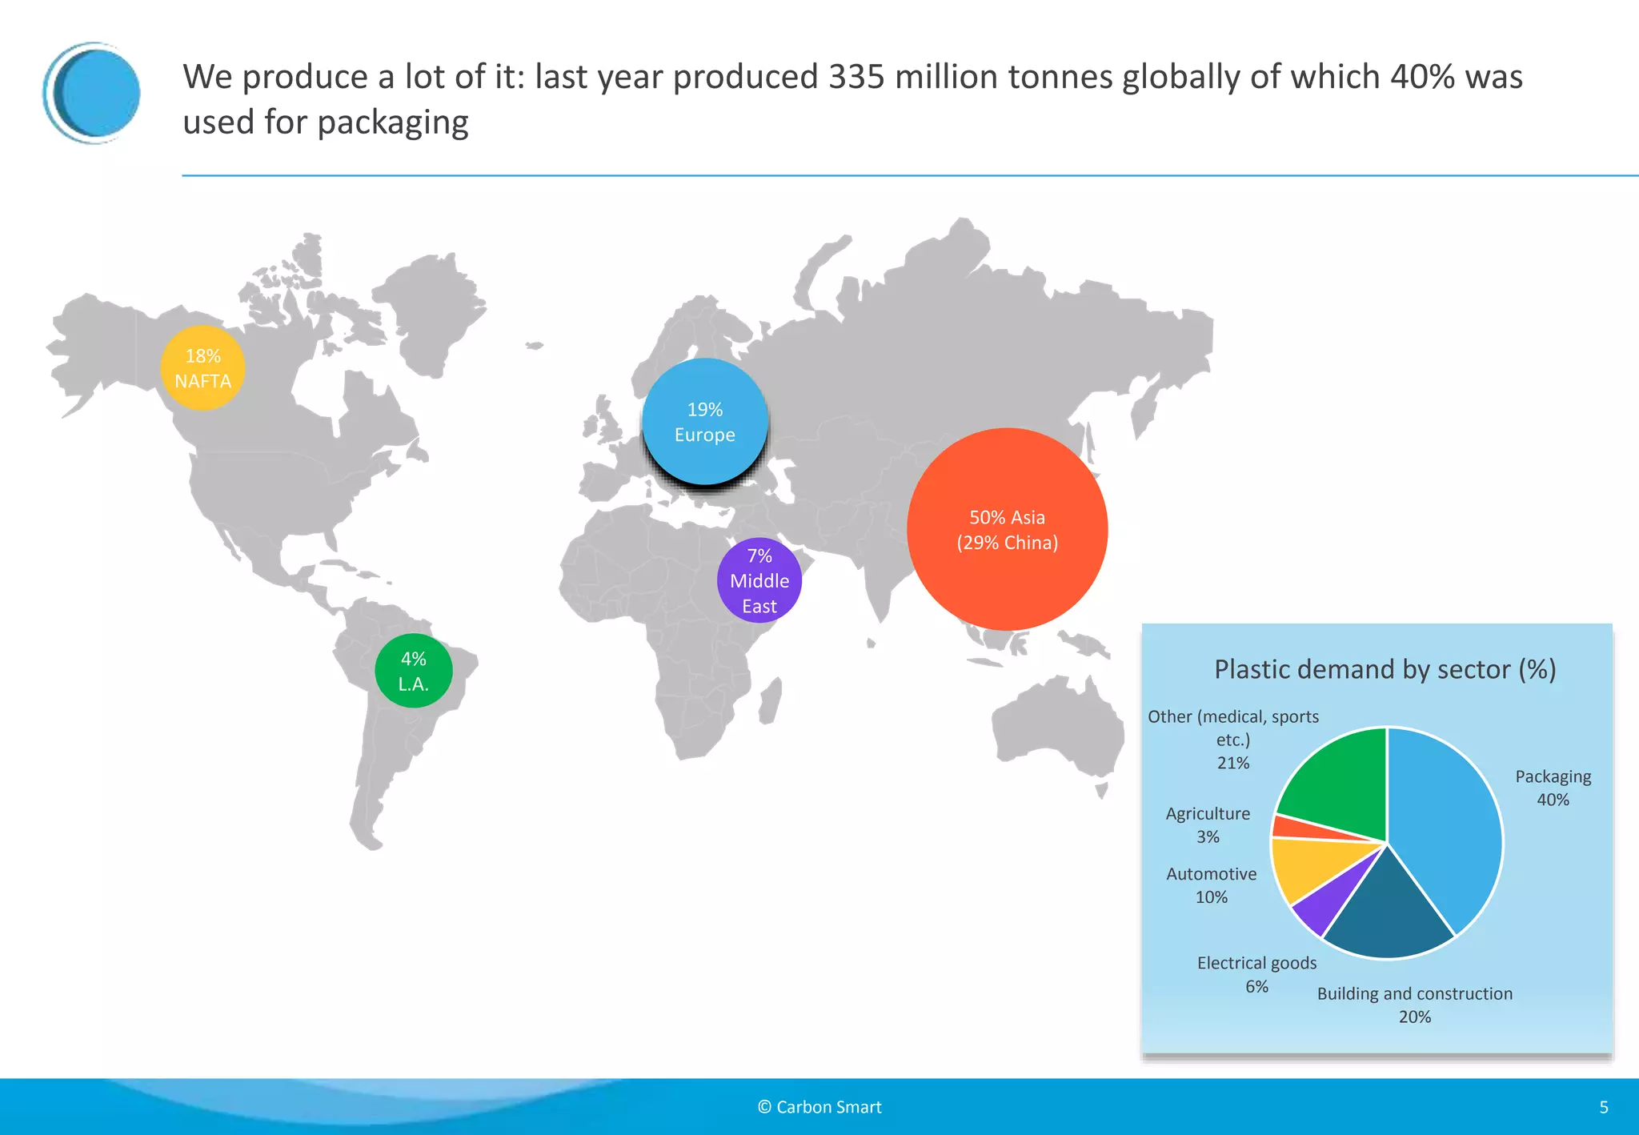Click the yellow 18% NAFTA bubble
202,368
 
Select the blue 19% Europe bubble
704,422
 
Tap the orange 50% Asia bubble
1007,530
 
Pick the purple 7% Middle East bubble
759,580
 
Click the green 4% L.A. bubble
413,672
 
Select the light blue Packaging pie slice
1449,832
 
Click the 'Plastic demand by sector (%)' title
1385,669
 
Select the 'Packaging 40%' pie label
1553,788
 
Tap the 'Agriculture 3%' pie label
1208,824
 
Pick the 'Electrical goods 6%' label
1256,974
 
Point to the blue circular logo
92,93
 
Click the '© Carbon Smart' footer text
819,1107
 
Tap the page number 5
1604,1107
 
